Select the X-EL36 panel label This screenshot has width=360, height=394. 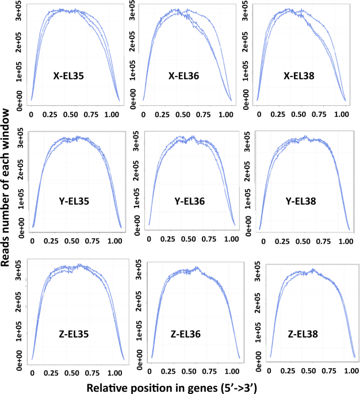click(187, 76)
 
